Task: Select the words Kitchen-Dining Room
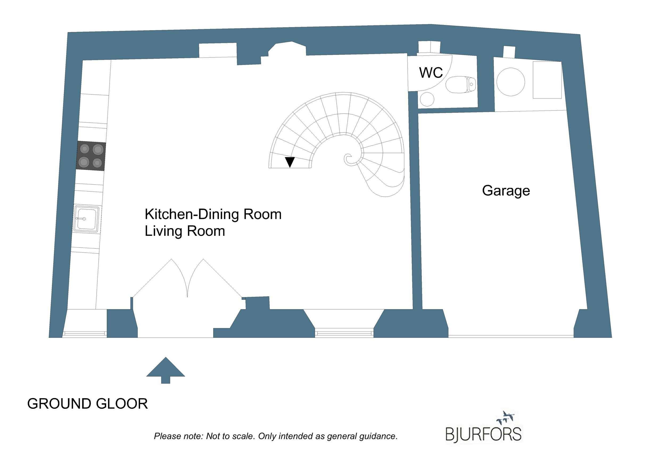point(213,215)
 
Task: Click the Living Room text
point(185,231)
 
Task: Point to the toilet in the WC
point(461,85)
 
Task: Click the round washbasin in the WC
point(427,99)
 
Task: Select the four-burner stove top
point(91,156)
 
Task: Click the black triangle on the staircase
point(290,162)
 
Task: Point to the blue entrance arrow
point(166,370)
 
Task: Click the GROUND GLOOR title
point(88,404)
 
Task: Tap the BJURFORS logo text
point(484,434)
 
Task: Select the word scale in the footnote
point(245,436)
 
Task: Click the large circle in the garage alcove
point(511,82)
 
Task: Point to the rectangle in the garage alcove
point(547,80)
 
